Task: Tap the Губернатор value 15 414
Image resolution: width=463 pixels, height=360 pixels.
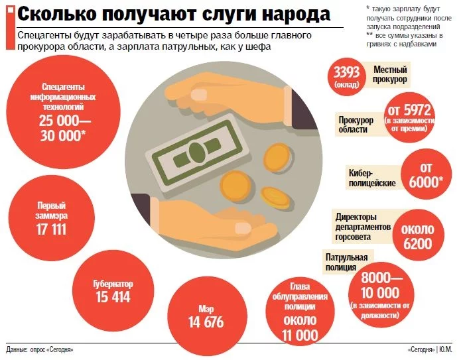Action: (113, 297)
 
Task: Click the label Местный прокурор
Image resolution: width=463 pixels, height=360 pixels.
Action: (390, 74)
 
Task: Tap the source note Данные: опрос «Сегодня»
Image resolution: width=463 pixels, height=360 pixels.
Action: (40, 349)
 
